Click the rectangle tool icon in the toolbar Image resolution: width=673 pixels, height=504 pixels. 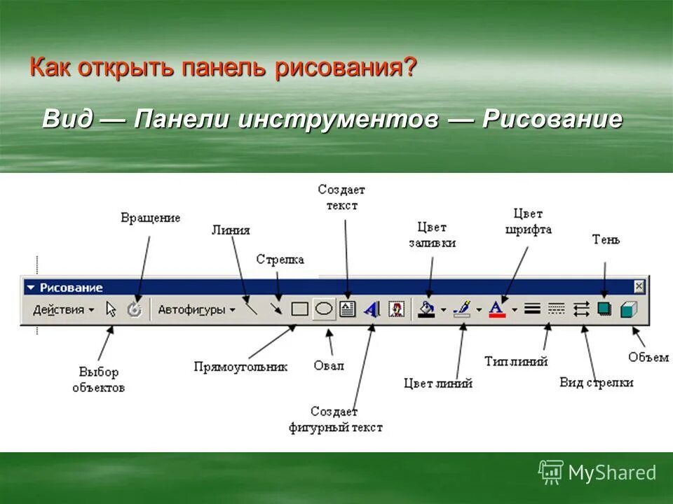point(300,309)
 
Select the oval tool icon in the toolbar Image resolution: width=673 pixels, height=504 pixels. point(323,309)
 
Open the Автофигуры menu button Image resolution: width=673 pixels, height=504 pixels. point(196,309)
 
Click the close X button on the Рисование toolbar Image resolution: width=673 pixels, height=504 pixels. point(639,286)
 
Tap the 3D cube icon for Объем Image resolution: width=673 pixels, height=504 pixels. point(629,309)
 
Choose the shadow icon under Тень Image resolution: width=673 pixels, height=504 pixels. point(604,309)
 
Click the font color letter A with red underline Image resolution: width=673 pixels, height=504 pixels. point(496,309)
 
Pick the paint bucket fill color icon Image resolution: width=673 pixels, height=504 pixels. point(426,309)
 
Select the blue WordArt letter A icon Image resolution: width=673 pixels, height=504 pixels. point(372,309)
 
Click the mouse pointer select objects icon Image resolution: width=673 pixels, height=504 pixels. point(111,309)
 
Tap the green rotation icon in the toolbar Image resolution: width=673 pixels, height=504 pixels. point(135,309)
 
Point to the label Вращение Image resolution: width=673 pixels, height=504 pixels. point(150,218)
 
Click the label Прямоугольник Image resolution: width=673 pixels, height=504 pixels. point(240,367)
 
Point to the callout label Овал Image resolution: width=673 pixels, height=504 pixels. point(329,365)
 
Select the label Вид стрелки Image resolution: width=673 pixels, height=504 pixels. point(597,382)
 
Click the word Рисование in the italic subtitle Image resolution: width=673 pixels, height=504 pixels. point(552,119)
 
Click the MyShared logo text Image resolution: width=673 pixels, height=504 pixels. point(612,472)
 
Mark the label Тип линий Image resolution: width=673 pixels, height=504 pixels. point(516,361)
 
